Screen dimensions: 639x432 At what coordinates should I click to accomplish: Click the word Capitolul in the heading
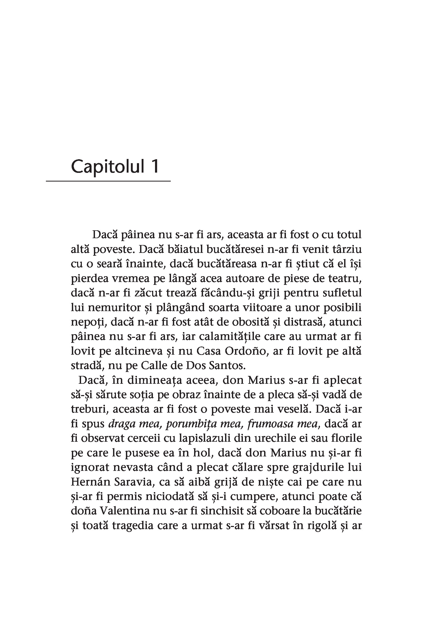point(108,167)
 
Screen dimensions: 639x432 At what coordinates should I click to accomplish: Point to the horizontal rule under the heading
point(108,181)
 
